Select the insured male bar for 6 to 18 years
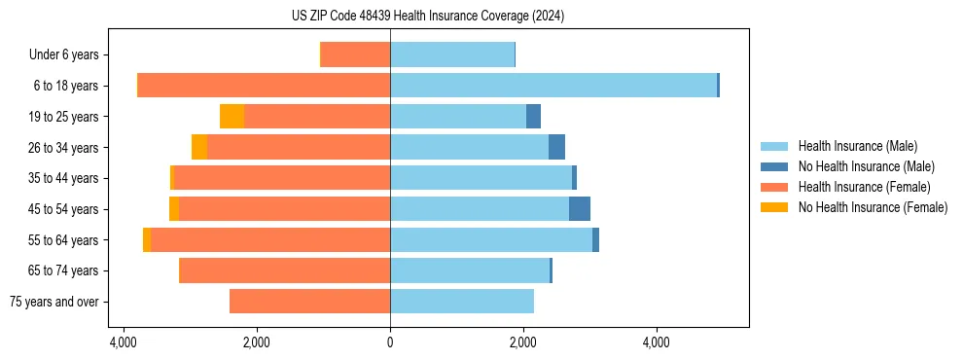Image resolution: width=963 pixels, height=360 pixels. click(x=553, y=86)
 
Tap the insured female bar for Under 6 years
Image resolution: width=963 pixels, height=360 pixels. click(x=355, y=54)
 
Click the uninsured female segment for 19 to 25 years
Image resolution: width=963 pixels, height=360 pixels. click(x=232, y=117)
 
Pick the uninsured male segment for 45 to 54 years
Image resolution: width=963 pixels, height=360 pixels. click(x=580, y=209)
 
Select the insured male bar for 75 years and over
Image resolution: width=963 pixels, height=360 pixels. click(x=462, y=302)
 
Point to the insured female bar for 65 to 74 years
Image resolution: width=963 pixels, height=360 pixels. click(x=285, y=270)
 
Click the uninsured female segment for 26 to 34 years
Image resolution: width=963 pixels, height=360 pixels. click(x=199, y=147)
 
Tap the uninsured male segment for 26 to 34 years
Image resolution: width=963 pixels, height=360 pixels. click(x=556, y=147)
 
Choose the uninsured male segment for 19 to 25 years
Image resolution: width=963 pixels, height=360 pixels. click(x=533, y=117)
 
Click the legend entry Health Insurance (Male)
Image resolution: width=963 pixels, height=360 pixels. click(x=852, y=146)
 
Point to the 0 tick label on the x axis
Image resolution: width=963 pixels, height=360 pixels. click(x=390, y=343)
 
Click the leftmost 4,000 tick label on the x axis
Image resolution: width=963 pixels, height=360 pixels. click(x=124, y=343)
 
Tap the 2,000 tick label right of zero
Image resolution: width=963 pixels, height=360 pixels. click(x=523, y=343)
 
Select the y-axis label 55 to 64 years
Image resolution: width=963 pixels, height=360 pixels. click(x=63, y=240)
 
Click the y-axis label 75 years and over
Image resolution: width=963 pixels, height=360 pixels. click(x=54, y=302)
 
